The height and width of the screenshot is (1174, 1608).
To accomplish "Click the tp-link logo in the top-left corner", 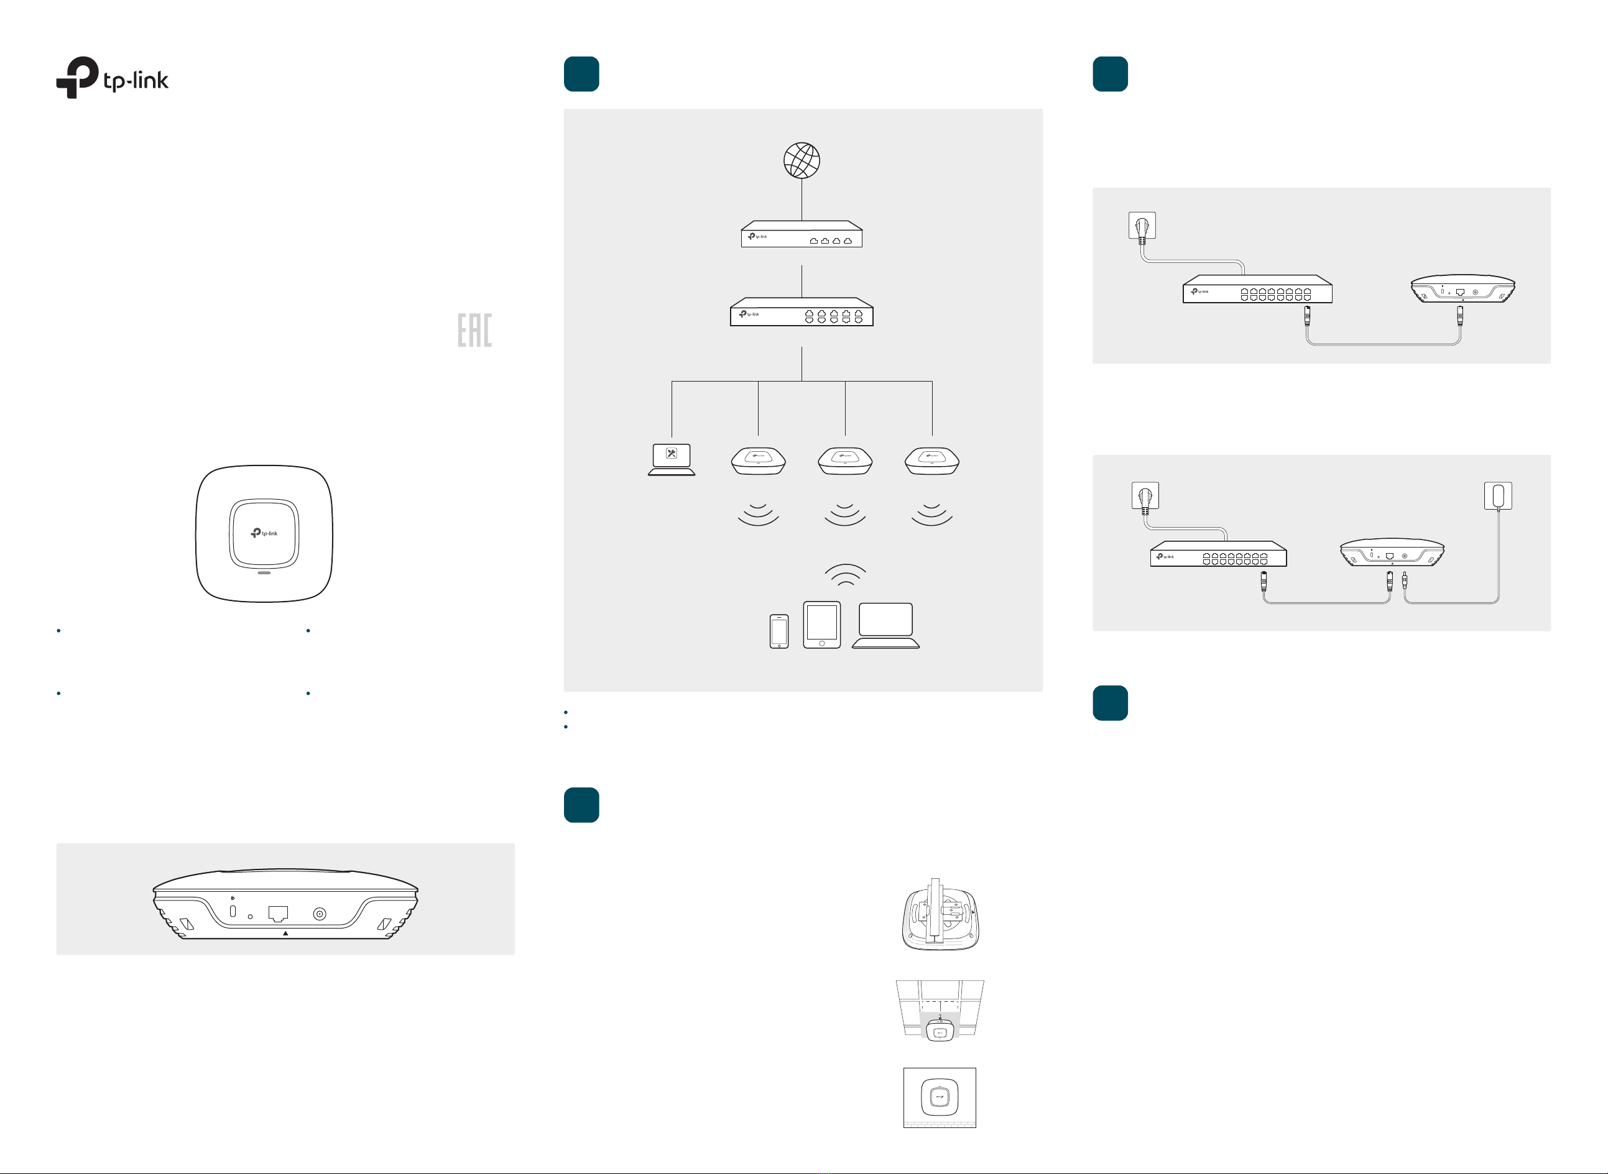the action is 113,78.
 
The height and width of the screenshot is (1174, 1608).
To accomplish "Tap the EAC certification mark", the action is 474,331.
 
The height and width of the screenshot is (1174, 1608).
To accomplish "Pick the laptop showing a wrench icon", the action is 671,459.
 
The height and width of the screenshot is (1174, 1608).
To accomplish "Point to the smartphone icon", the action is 779,631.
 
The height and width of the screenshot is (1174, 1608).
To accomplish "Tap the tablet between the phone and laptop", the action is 822,625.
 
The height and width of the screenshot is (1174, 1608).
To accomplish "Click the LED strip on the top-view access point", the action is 264,572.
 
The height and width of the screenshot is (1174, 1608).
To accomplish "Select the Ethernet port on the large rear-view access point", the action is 278,914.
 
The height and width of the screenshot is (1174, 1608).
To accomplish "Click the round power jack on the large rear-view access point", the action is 320,914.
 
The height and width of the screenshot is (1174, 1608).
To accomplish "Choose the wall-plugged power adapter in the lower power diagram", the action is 1498,495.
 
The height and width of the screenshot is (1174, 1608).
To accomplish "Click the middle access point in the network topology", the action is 844,461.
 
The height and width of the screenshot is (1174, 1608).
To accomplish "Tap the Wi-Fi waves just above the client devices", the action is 845,574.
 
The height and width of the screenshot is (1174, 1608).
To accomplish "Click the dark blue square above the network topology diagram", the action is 581,74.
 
